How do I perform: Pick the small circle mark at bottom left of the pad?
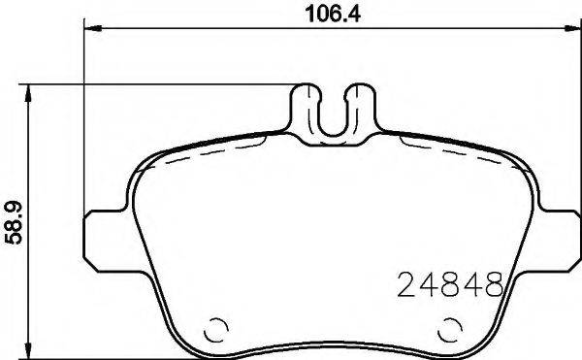pos(215,328)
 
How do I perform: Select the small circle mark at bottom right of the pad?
pos(450,328)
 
